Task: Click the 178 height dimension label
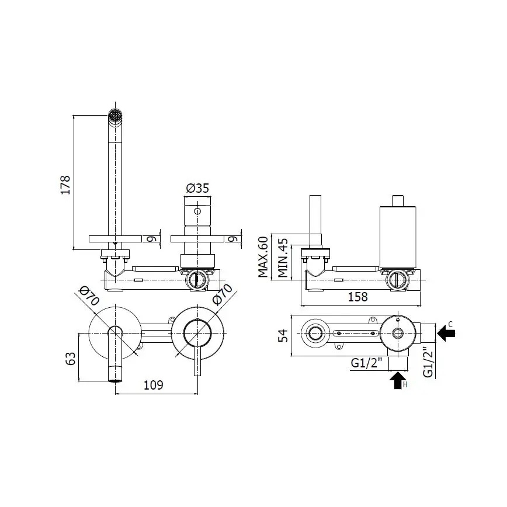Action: [x=65, y=184]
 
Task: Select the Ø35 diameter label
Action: [x=197, y=188]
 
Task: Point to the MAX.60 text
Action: [x=263, y=257]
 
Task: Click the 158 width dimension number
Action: [x=357, y=297]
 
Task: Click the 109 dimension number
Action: [x=152, y=385]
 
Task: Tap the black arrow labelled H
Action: [x=397, y=380]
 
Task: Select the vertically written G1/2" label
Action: [x=429, y=362]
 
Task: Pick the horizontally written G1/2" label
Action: [x=366, y=363]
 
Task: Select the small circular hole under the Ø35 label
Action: [x=197, y=211]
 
